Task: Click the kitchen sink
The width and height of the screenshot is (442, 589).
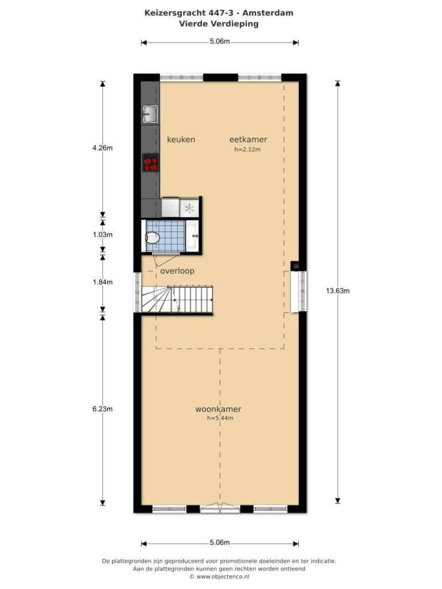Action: (150, 114)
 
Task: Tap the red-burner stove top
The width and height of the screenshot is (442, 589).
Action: (150, 163)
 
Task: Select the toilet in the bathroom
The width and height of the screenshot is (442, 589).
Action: (153, 238)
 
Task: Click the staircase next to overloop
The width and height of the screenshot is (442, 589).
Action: (177, 299)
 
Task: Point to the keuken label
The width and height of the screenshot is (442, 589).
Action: (181, 139)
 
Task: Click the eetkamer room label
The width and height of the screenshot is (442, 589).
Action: (248, 139)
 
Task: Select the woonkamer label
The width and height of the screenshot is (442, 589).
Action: (218, 409)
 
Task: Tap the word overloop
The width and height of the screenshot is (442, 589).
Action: (177, 271)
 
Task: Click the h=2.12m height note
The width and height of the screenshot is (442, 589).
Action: (247, 150)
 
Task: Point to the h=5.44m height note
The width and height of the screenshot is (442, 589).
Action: (220, 418)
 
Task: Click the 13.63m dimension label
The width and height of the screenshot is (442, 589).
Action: (337, 290)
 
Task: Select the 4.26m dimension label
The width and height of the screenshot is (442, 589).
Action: (102, 148)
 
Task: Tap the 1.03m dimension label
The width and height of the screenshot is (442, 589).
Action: (102, 235)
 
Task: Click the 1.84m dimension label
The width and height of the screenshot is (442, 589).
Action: (102, 282)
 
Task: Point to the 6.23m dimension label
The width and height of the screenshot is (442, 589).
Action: (102, 409)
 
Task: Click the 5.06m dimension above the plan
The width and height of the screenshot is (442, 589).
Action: (219, 41)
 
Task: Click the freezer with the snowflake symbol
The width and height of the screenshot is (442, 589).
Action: (189, 208)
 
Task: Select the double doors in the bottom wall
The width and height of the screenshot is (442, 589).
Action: (220, 508)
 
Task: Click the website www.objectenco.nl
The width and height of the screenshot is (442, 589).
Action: (223, 576)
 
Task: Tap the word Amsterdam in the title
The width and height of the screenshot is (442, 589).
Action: (268, 13)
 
